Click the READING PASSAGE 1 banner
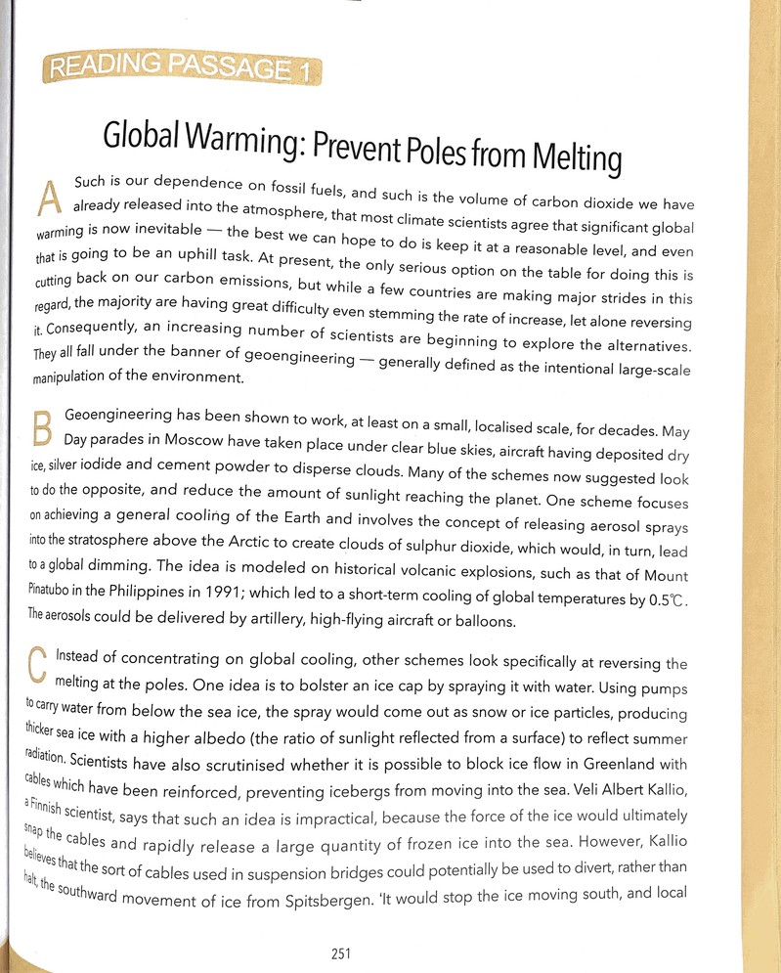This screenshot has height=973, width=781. click(x=182, y=69)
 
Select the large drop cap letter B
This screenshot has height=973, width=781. click(x=43, y=431)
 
